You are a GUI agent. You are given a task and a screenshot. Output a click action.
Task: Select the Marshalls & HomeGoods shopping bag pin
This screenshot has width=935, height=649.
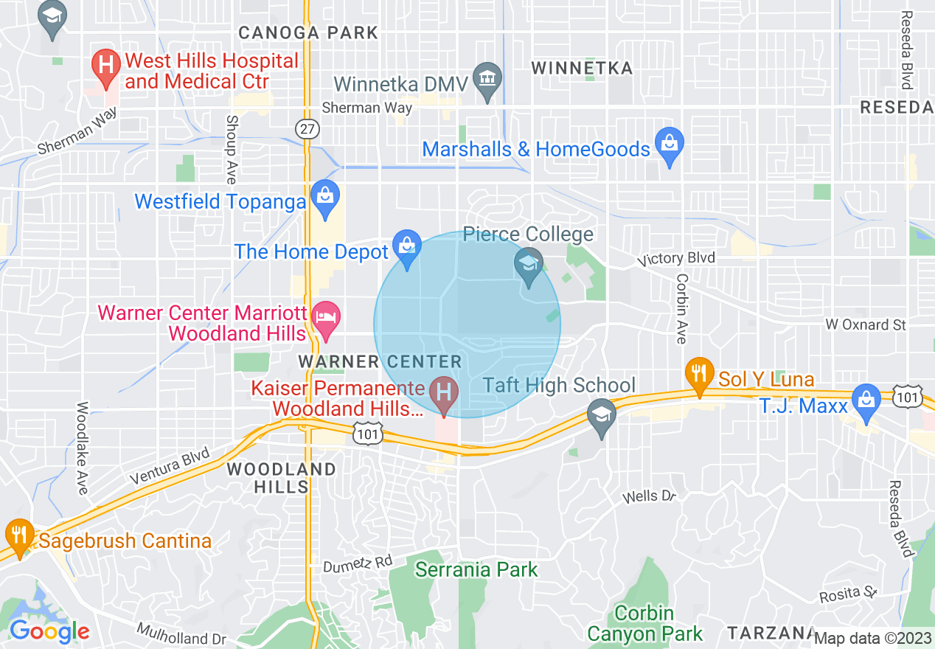tap(670, 145)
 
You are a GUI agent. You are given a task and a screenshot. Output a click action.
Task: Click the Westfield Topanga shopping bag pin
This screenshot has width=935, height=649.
tap(324, 197)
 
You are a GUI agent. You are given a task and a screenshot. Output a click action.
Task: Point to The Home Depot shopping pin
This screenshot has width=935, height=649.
tap(406, 247)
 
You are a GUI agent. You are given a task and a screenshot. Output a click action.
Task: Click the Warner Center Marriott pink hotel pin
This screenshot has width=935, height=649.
tap(325, 319)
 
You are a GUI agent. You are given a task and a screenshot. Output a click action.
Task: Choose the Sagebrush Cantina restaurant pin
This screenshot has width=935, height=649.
tap(18, 535)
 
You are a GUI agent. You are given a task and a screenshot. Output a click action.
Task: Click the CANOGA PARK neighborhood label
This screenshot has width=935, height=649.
tap(308, 33)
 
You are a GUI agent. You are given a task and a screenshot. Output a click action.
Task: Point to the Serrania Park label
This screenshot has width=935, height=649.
tap(476, 569)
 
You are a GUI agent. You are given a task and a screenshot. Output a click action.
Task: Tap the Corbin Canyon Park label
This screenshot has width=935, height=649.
tap(645, 623)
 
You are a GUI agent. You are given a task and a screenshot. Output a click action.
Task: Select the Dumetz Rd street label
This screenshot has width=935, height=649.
tap(358, 563)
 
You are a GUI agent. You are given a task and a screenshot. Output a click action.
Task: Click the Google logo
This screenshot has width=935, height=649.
tap(49, 631)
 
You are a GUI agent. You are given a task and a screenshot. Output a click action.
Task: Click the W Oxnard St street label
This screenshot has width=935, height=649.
tap(865, 324)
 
